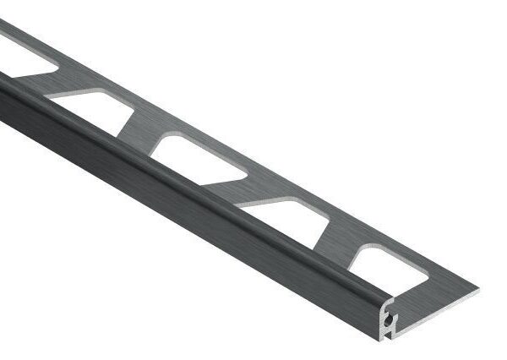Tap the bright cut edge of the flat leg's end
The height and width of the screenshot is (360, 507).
coord(439,297)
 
